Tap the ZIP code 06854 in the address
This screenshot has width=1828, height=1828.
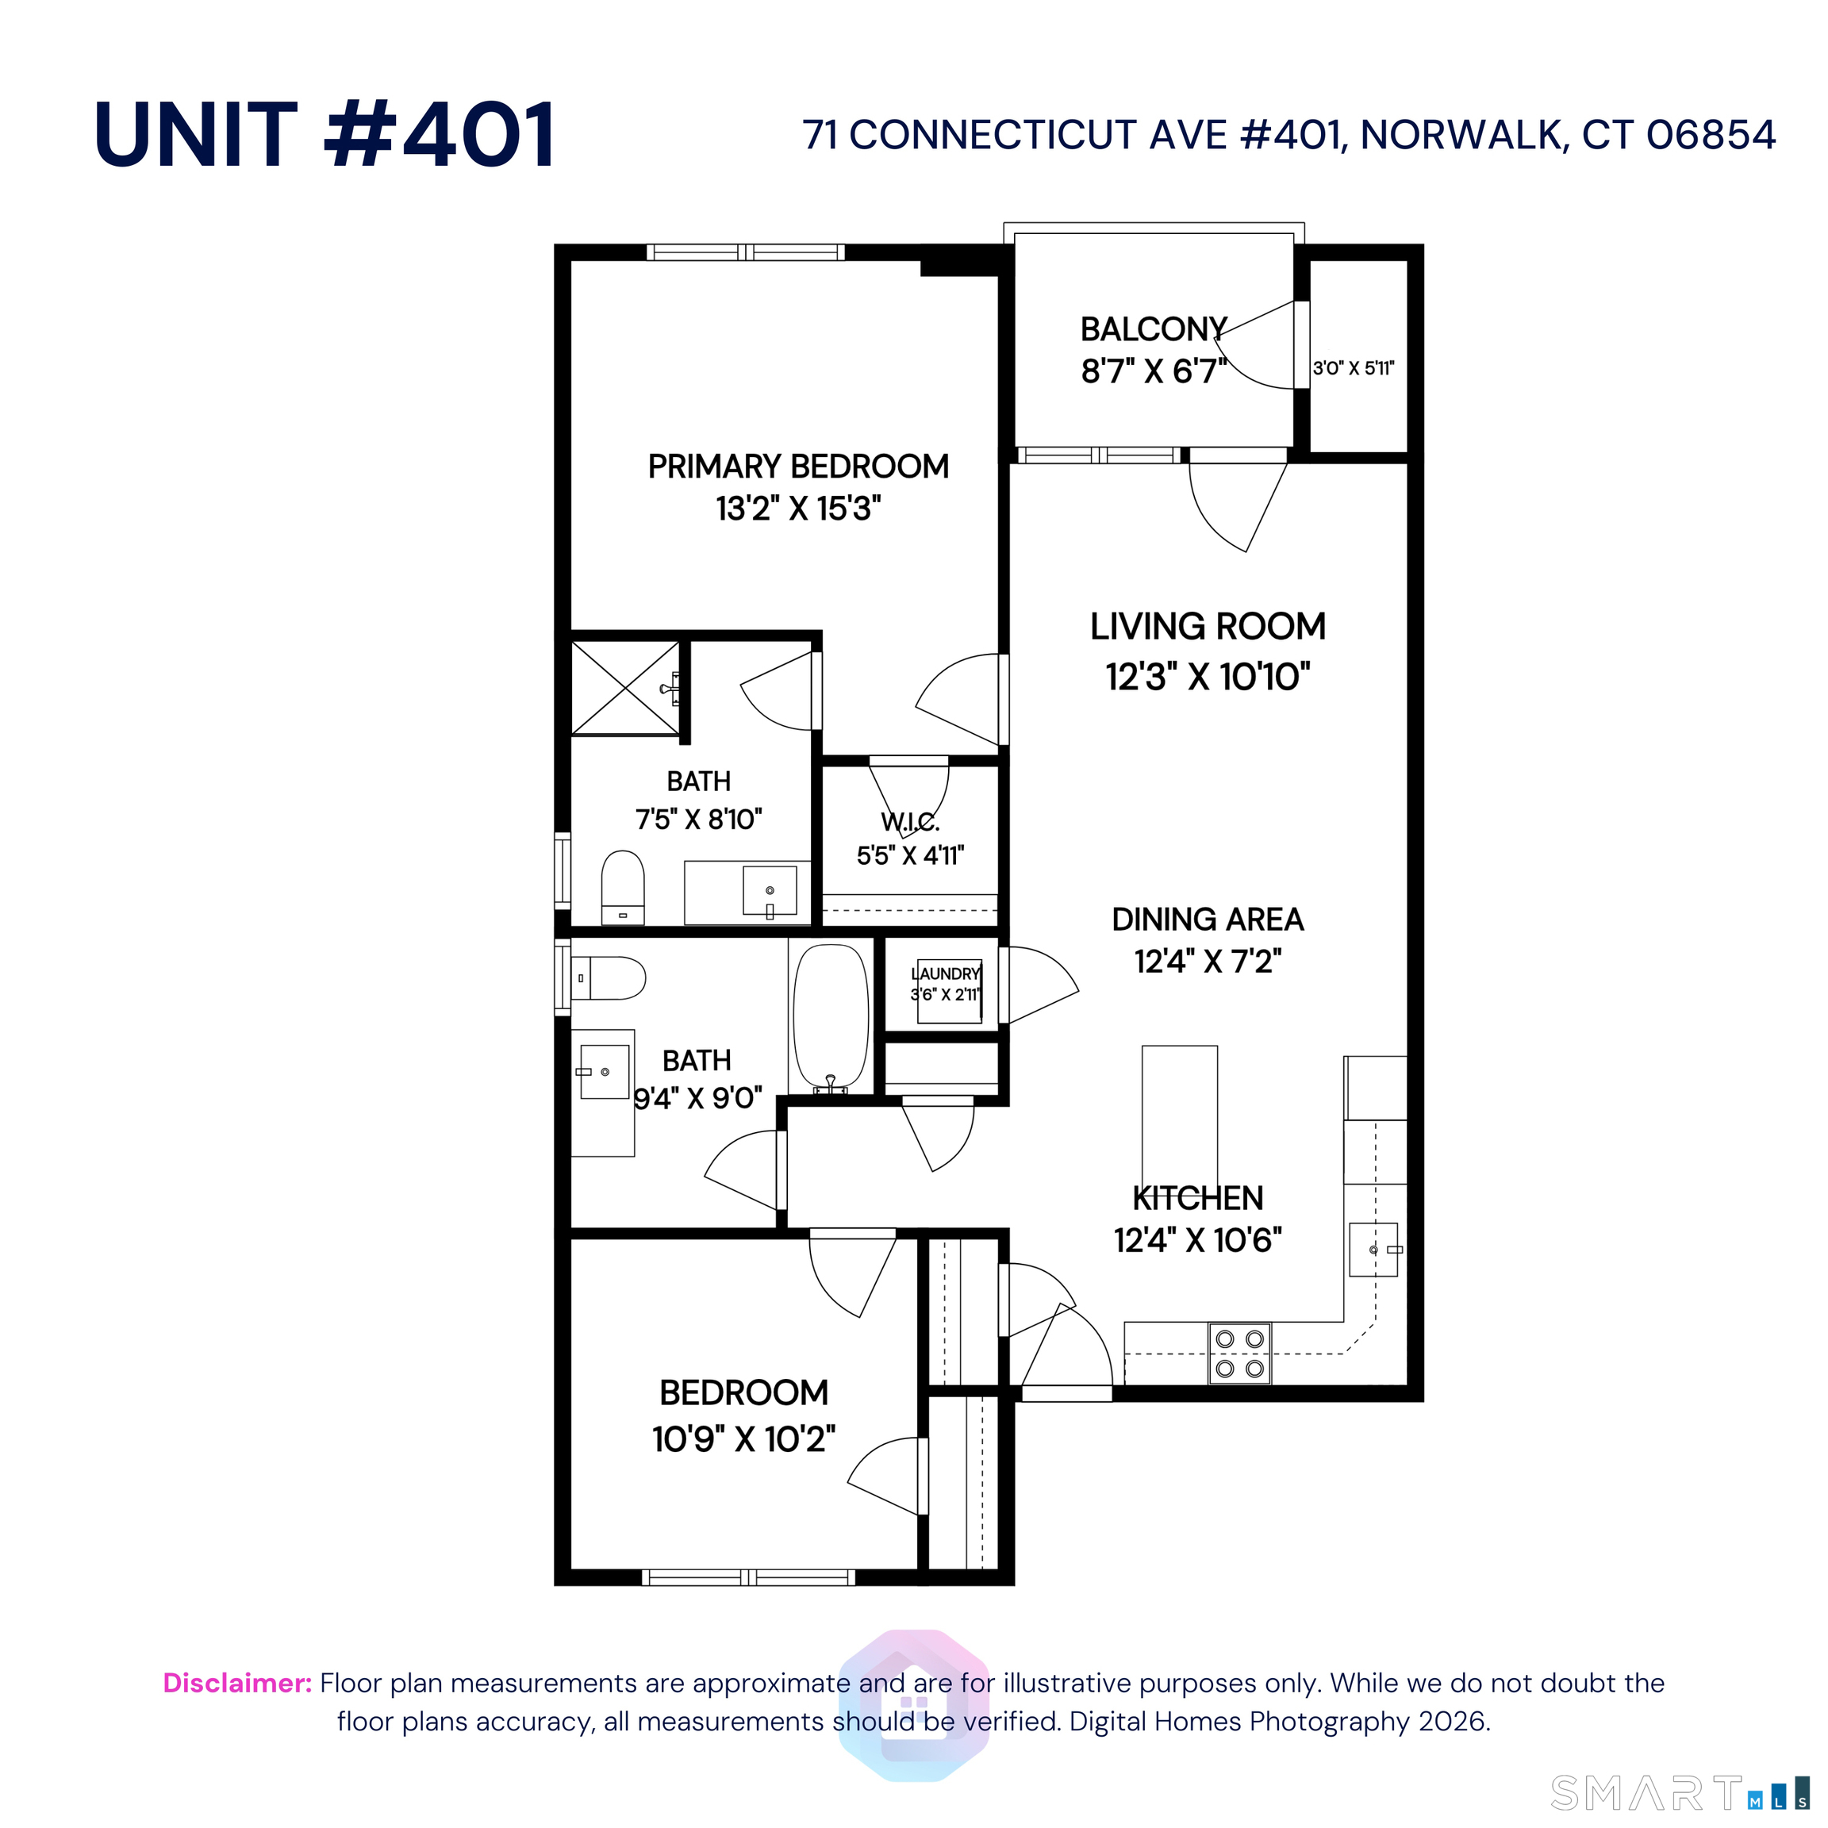(x=1711, y=136)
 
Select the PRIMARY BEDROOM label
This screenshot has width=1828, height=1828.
(x=797, y=467)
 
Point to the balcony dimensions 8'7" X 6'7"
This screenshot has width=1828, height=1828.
(x=1154, y=371)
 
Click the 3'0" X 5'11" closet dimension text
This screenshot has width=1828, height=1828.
(x=1353, y=368)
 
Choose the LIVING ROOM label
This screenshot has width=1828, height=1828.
(x=1208, y=626)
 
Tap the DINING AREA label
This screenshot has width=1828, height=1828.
(x=1208, y=919)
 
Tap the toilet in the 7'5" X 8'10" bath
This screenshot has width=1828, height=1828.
(x=623, y=886)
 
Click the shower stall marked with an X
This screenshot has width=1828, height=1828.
(x=625, y=688)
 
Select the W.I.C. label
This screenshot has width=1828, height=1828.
(x=910, y=822)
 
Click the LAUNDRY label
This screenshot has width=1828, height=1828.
(x=945, y=974)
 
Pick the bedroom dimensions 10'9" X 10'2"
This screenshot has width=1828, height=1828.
(x=743, y=1439)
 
